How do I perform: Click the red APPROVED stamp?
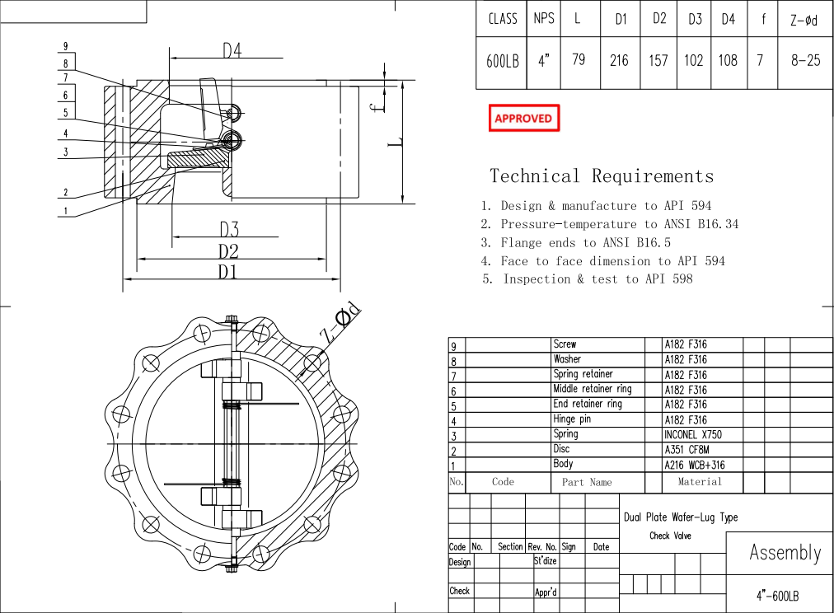pyautogui.click(x=523, y=119)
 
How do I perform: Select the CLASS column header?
pyautogui.click(x=502, y=18)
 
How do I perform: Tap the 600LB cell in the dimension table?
pyautogui.click(x=502, y=60)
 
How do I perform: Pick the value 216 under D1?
pyautogui.click(x=618, y=60)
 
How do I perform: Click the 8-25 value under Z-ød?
pyautogui.click(x=805, y=60)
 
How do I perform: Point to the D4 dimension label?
pyautogui.click(x=232, y=50)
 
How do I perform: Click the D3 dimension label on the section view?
pyautogui.click(x=228, y=229)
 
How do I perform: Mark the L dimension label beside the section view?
pyautogui.click(x=396, y=142)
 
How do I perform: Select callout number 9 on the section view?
pyautogui.click(x=66, y=47)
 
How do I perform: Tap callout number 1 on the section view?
pyautogui.click(x=66, y=211)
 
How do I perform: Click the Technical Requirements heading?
pyautogui.click(x=602, y=175)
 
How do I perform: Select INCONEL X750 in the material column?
pyautogui.click(x=693, y=434)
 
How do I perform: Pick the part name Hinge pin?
pyautogui.click(x=572, y=419)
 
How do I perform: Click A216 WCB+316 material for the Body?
pyautogui.click(x=694, y=465)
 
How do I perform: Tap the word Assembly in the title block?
pyautogui.click(x=785, y=553)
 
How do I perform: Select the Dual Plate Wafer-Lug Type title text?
pyautogui.click(x=680, y=517)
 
